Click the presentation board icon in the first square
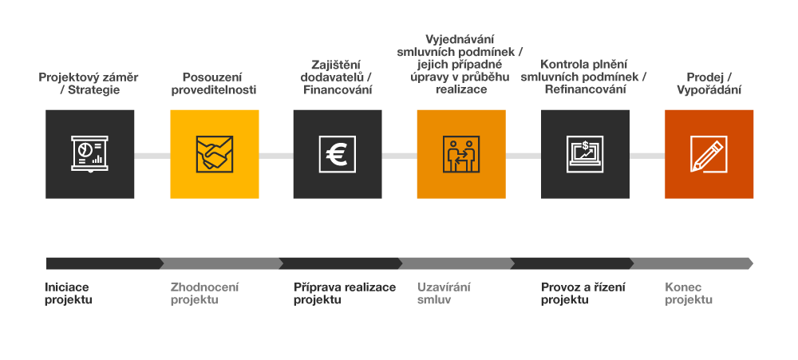click(89, 153)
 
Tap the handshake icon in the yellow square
click(214, 153)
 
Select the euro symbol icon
click(338, 153)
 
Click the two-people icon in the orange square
click(460, 153)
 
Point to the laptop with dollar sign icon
click(585, 153)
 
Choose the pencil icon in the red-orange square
click(709, 153)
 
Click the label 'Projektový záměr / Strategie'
click(89, 84)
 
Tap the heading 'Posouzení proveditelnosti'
click(214, 84)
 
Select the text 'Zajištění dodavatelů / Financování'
click(338, 77)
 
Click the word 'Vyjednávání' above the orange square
click(461, 39)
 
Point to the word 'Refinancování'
click(585, 89)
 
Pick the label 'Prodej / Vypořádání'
click(709, 84)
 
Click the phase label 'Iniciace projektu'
click(69, 294)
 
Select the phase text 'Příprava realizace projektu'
click(344, 294)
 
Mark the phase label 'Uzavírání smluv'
click(444, 294)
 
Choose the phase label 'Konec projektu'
click(689, 294)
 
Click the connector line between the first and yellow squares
click(152, 155)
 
